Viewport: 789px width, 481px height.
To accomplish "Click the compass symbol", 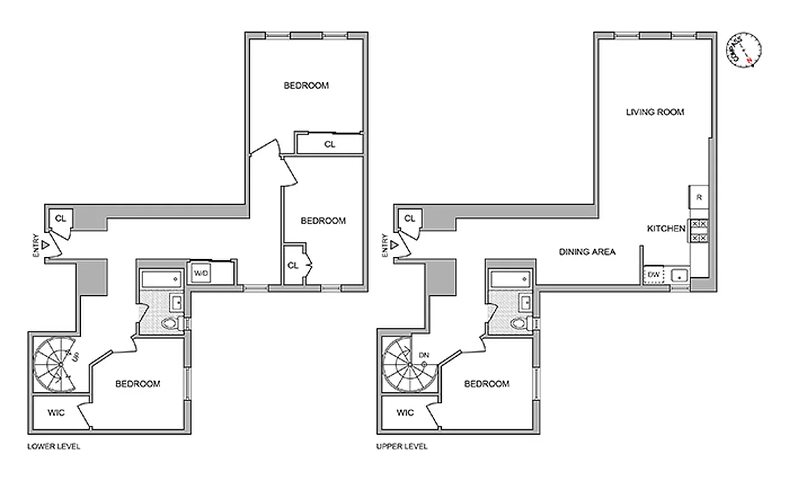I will pyautogui.click(x=744, y=51).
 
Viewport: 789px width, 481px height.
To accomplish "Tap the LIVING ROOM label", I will pyautogui.click(x=655, y=112).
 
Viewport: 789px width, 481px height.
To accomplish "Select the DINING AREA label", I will pyautogui.click(x=587, y=252).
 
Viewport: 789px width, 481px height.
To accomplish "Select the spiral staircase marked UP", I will pyautogui.click(x=55, y=364).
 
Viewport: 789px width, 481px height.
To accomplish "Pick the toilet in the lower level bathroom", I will pyautogui.click(x=172, y=324).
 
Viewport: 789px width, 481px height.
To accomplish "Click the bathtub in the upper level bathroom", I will pyautogui.click(x=510, y=279).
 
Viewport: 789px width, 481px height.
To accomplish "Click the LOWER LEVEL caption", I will pyautogui.click(x=54, y=447).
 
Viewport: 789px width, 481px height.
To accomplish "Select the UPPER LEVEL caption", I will pyautogui.click(x=401, y=447).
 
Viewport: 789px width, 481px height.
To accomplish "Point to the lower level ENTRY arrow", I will pyautogui.click(x=45, y=245).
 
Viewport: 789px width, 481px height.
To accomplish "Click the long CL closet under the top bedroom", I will pyautogui.click(x=329, y=144).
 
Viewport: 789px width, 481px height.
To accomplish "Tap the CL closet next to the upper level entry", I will pyautogui.click(x=409, y=218).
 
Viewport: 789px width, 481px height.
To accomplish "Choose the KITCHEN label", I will pyautogui.click(x=666, y=228).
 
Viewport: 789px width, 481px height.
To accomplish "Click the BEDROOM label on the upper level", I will pyautogui.click(x=486, y=384).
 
